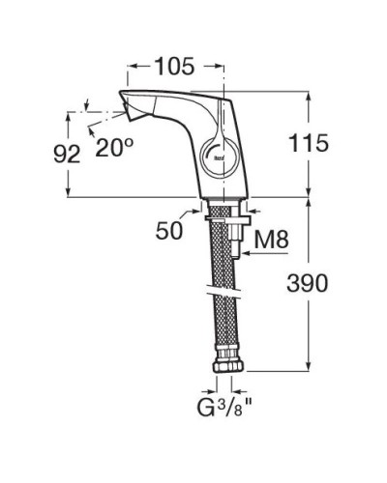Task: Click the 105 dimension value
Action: [x=175, y=67]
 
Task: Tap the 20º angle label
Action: [x=114, y=146]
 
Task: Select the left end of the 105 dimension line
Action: [x=128, y=68]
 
